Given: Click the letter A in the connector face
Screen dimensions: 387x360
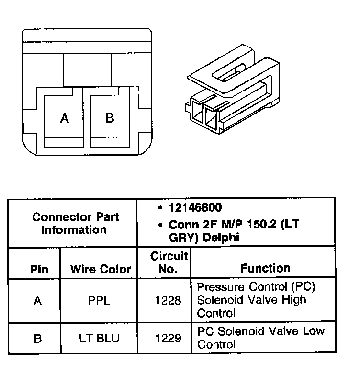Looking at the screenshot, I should point(65,118).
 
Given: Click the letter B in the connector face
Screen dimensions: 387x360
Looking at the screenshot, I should point(110,118).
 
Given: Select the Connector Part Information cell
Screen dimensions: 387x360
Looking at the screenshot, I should point(75,223).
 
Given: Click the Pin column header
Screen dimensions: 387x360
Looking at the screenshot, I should point(39,269).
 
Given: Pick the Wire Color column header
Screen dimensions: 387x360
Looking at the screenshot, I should point(101,269).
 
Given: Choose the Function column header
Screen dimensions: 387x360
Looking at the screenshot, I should point(265,268).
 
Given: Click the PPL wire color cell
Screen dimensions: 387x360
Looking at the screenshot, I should point(99,301).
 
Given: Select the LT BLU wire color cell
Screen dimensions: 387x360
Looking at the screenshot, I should point(99,339).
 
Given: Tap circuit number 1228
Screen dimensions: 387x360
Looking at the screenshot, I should point(168,301).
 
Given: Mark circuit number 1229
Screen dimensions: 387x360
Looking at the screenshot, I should point(168,339).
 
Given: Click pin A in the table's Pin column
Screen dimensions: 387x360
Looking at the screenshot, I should point(38,301).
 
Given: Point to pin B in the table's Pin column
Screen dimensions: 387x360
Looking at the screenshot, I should point(38,339).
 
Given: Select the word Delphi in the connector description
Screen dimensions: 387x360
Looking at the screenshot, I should point(221,237).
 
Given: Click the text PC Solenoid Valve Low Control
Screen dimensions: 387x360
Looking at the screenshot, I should point(260,337).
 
